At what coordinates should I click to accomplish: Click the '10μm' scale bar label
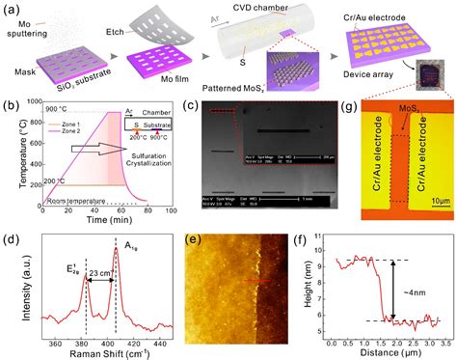point(430,199)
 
